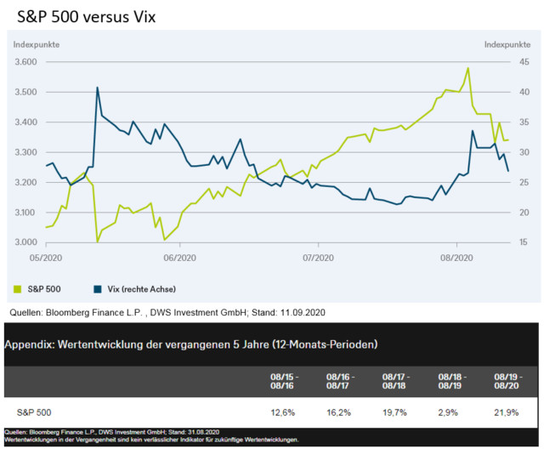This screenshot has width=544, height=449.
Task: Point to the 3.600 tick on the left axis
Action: pyautogui.click(x=25, y=62)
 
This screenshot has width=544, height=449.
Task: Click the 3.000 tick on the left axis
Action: pyautogui.click(x=25, y=242)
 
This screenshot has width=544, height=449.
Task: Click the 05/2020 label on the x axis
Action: pyautogui.click(x=45, y=256)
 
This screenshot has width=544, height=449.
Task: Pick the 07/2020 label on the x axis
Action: pyautogui.click(x=317, y=256)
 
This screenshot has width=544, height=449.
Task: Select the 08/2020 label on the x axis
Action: pyautogui.click(x=456, y=256)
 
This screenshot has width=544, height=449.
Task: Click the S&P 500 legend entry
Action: pyautogui.click(x=42, y=289)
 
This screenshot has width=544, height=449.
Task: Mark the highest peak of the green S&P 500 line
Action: pyautogui.click(x=468, y=68)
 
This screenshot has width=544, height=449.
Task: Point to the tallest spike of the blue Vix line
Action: pyautogui.click(x=98, y=88)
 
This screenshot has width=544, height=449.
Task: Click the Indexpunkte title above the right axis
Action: pyautogui.click(x=507, y=43)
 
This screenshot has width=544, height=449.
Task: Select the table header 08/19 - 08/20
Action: pyautogui.click(x=507, y=380)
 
